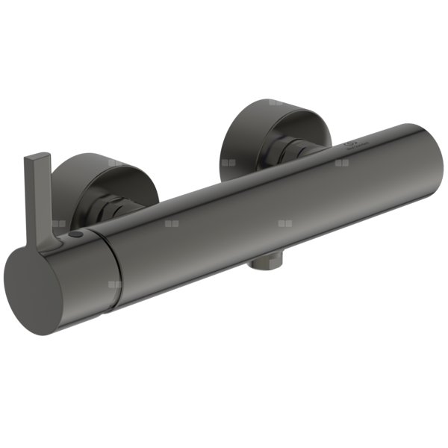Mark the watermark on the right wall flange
click(x=276, y=102)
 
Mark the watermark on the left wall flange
click(x=114, y=162)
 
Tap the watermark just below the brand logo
click(x=343, y=161)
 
